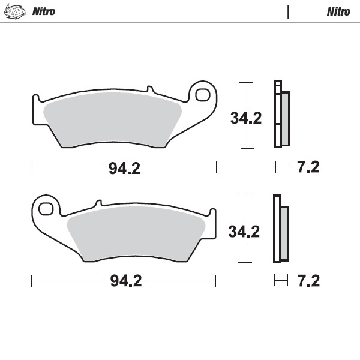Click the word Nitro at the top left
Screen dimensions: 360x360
(43, 11)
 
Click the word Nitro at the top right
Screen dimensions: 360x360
(339, 11)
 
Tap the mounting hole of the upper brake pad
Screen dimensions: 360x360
(202, 95)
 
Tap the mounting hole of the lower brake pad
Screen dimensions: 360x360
(46, 209)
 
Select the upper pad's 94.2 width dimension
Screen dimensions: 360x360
(124, 169)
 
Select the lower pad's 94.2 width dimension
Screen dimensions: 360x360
(124, 281)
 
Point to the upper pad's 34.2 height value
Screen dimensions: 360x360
(245, 118)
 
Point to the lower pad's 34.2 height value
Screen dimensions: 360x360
(245, 231)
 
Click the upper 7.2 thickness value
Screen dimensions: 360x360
(308, 167)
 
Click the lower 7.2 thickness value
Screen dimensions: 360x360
(308, 280)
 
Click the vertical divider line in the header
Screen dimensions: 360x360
(289, 11)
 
